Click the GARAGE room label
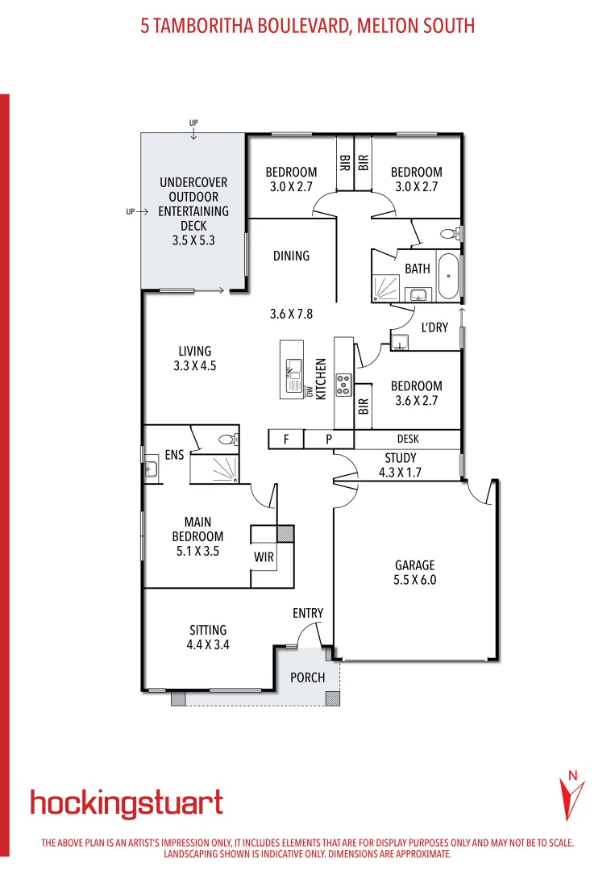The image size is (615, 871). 415,565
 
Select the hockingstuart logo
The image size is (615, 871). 127,803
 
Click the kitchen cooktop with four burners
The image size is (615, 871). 344,383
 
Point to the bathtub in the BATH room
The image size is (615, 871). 447,277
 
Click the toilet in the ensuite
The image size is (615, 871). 227,440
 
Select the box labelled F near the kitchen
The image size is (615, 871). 285,440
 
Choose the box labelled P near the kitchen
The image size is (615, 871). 329,440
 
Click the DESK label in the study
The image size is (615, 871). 407,440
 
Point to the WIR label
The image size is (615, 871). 264,556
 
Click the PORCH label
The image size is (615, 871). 308,677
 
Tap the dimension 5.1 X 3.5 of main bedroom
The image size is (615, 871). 197,552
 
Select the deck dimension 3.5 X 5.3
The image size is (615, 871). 193,240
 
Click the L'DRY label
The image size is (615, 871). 434,327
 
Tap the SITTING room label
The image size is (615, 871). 208,630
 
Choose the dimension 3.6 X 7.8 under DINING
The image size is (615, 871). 291,314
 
